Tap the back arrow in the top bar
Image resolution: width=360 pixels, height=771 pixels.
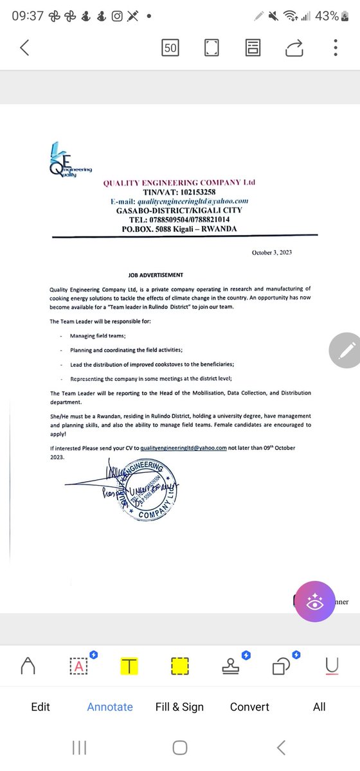coord(25,48)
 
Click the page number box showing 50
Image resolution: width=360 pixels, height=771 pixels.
coord(171,48)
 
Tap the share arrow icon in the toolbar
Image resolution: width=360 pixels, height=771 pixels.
coord(294,48)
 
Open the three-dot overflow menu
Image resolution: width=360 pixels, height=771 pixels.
coord(336,48)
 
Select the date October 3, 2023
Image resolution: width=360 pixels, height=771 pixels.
coord(271,253)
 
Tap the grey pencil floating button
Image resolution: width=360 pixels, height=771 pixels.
coord(345,350)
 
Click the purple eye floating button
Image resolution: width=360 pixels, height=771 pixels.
coord(314,602)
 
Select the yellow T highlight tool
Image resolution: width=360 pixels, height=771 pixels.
coord(129,666)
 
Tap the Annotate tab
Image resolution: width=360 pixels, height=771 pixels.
coord(110,707)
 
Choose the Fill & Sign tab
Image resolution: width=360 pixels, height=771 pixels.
coord(179,707)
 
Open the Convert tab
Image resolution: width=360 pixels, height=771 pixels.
coord(249,707)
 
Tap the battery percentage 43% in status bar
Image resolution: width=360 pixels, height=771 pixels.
coord(327,15)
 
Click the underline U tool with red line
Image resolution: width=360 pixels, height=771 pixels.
coord(332,666)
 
